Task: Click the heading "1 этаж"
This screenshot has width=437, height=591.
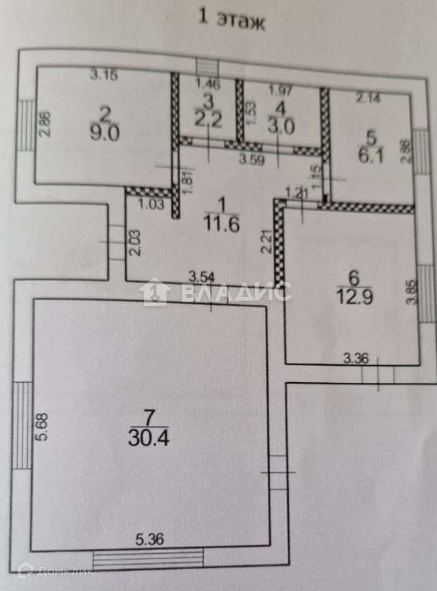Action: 231,20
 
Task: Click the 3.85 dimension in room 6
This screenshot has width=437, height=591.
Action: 412,295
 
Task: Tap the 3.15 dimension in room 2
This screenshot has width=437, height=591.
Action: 104,75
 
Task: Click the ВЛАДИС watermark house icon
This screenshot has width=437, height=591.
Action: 155,292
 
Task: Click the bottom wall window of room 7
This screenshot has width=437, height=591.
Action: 148,560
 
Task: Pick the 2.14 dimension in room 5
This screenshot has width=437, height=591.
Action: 368,98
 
